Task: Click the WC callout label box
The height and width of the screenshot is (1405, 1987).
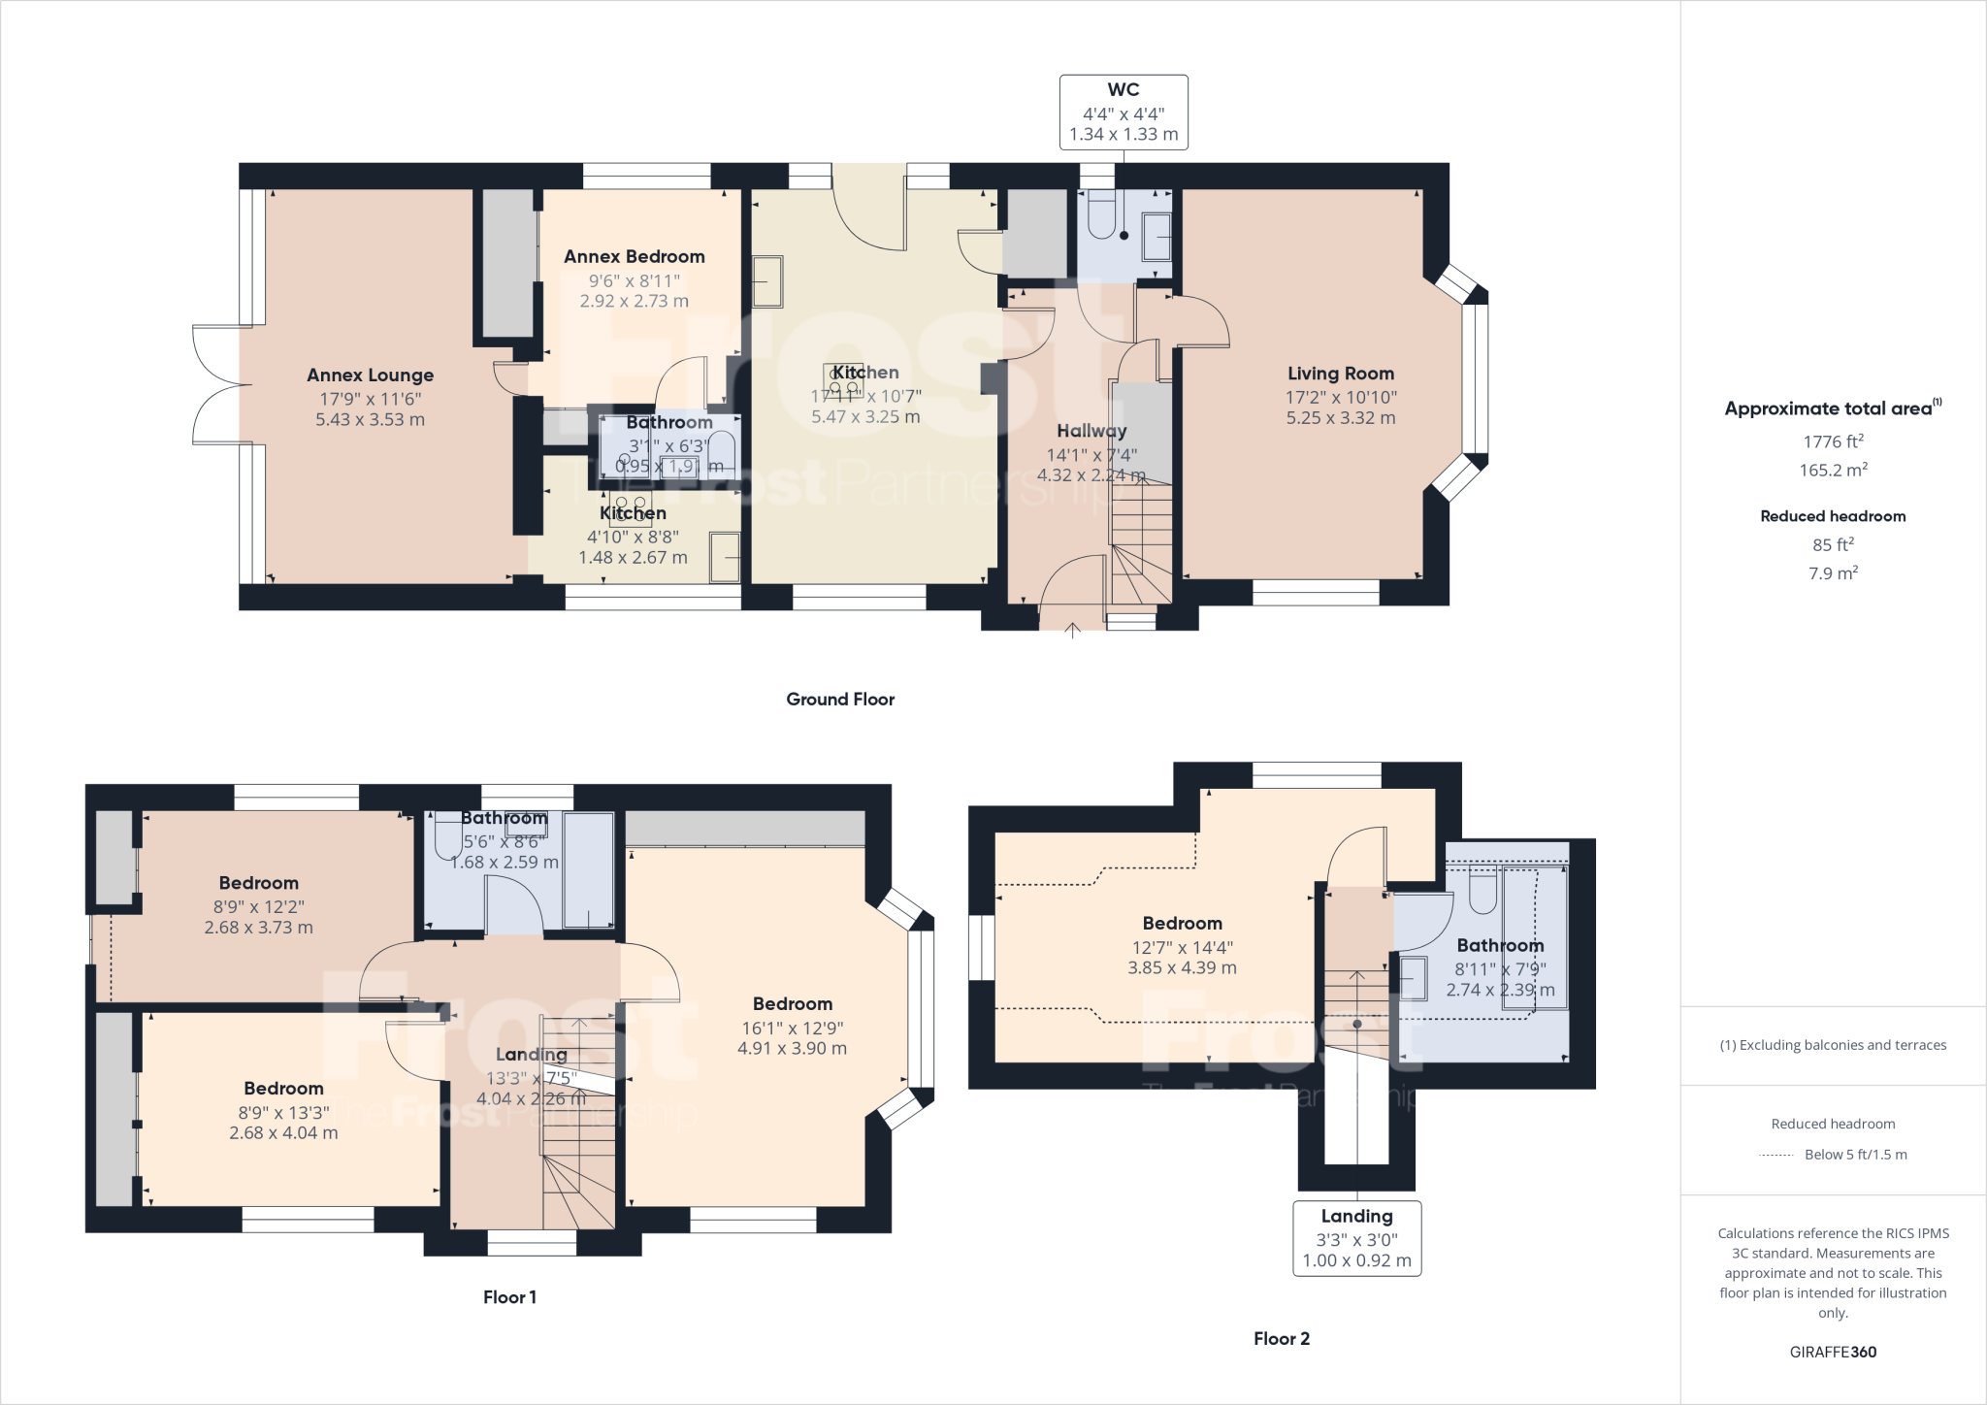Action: [x=1124, y=113]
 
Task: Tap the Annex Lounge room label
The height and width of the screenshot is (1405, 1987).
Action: [x=370, y=376]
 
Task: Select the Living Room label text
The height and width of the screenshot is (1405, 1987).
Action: [x=1340, y=374]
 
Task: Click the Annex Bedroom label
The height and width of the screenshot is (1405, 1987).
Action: [x=634, y=257]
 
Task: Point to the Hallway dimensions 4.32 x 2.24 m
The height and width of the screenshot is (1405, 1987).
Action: [x=1091, y=475]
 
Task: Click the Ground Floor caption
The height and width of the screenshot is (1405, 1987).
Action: [x=840, y=700]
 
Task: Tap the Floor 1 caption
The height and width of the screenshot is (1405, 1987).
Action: [x=509, y=1297]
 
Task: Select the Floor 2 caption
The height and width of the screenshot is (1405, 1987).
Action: [x=1281, y=1339]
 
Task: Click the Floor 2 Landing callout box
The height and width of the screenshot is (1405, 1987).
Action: [x=1356, y=1238]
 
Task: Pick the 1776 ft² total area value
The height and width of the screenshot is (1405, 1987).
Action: [x=1832, y=442]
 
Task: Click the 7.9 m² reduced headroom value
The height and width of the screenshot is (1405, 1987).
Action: [x=1832, y=573]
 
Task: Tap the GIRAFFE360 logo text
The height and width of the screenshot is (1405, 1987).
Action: [x=1832, y=1352]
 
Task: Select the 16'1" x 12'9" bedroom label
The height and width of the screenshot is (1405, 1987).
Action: [x=792, y=1027]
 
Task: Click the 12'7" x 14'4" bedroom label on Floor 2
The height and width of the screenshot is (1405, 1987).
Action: [x=1182, y=946]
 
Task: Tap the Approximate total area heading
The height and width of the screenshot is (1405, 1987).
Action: [x=1832, y=408]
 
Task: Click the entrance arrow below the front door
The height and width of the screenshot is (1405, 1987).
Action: [x=1072, y=632]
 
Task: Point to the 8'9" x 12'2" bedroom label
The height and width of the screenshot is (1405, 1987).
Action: [x=258, y=905]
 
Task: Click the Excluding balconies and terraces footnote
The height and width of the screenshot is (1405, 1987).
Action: [x=1832, y=1045]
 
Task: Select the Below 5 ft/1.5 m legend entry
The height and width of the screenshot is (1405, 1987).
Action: [x=1854, y=1155]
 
